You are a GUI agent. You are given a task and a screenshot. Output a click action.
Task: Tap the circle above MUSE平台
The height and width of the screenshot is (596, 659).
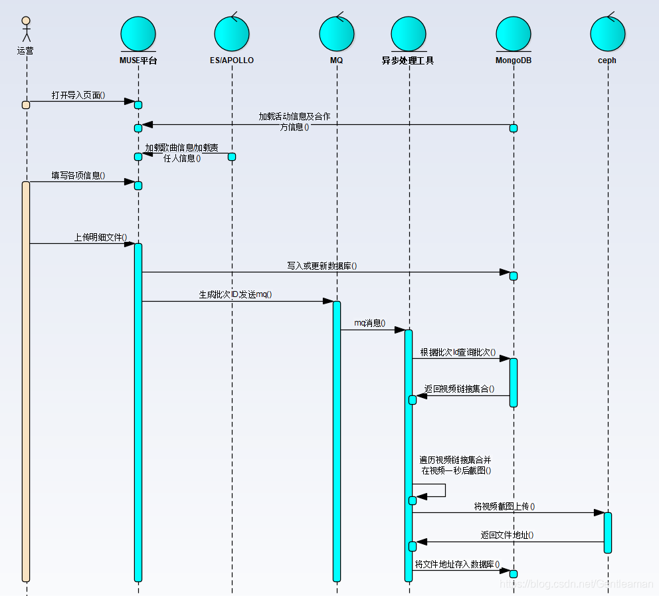tap(138, 34)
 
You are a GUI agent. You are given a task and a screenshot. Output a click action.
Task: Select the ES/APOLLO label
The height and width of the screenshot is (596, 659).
tap(231, 60)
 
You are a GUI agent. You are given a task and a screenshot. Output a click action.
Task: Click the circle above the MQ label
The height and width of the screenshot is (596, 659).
tap(336, 34)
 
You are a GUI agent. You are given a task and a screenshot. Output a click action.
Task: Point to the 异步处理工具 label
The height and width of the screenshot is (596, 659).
tap(408, 60)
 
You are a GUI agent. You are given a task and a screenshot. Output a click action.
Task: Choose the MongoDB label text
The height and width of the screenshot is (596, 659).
tap(513, 60)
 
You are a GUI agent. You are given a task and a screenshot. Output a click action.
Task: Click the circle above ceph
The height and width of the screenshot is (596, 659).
tap(607, 34)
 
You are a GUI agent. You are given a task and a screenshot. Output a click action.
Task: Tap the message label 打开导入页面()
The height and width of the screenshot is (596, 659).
tap(78, 95)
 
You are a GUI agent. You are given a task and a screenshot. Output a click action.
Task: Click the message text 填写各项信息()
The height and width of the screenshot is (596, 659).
tap(78, 175)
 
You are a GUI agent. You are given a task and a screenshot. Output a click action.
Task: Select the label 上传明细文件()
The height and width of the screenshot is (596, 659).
tap(100, 237)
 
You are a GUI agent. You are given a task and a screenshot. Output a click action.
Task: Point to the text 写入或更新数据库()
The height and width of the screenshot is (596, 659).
tap(322, 266)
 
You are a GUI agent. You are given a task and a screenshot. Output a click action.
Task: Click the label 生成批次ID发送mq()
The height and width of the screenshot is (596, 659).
tap(236, 294)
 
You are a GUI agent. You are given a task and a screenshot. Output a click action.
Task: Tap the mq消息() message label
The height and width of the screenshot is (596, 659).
tap(369, 323)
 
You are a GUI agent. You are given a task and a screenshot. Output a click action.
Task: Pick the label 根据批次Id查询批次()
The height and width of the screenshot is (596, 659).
tap(458, 351)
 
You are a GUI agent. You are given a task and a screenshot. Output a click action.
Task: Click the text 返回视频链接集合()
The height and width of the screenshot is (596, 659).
tap(459, 389)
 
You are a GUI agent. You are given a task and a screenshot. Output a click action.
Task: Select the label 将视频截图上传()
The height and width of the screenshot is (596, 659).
tap(504, 506)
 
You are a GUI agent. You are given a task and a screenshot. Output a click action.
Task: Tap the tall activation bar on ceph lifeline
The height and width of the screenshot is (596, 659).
tap(607, 532)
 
